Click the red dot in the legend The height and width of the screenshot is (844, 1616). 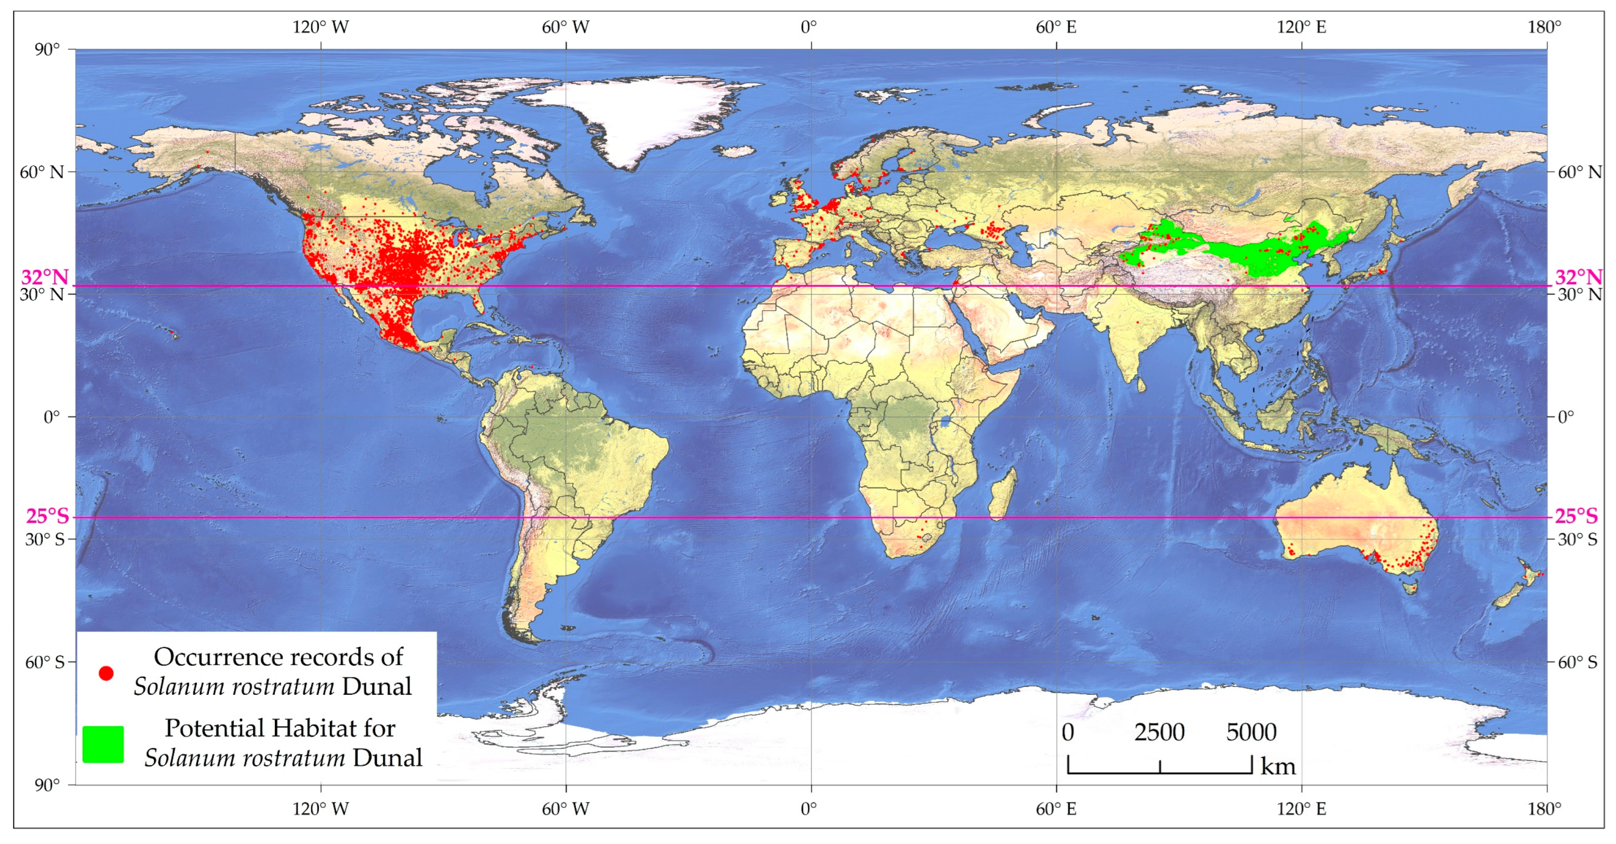106,673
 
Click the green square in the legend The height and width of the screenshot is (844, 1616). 103,744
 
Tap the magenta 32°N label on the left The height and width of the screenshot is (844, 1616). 45,277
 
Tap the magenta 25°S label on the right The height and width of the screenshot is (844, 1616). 1576,516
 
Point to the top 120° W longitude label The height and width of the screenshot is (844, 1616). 320,28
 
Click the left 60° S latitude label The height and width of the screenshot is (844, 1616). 45,662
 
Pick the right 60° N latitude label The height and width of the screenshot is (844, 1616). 1578,172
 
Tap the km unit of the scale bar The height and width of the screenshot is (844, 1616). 1278,766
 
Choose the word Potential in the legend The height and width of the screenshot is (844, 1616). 213,728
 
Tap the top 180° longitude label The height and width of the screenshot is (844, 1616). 1544,28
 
